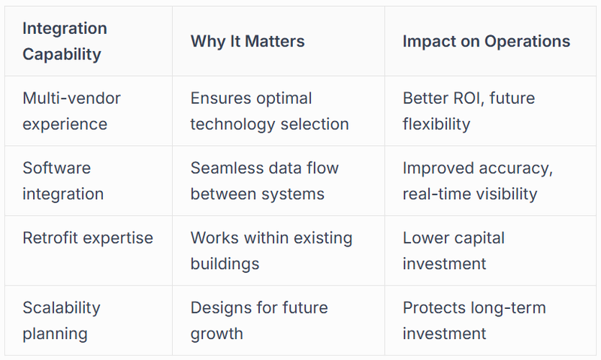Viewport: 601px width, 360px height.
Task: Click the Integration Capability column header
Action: coord(65,41)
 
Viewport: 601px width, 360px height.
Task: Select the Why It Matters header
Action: coord(248,41)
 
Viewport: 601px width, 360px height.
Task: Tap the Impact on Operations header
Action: coord(486,41)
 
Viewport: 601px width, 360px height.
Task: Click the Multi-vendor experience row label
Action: coord(71,111)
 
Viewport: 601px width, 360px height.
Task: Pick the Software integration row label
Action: coord(63,181)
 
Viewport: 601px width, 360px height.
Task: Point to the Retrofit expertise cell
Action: coord(88,238)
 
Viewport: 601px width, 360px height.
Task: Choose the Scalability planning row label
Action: coord(62,320)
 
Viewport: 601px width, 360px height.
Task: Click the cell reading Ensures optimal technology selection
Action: coord(270,111)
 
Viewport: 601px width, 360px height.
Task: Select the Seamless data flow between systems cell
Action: coord(265,181)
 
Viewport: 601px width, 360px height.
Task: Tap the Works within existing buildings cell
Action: coord(271,251)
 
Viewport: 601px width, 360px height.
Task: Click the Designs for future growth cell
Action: coord(259,320)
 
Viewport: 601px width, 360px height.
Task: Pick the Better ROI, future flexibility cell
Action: coord(469,111)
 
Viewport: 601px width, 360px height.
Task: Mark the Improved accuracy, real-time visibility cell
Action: coord(478,181)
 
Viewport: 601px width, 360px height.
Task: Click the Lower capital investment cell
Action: coord(454,251)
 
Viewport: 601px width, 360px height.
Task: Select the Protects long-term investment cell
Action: coord(475,320)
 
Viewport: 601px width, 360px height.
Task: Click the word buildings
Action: coord(225,264)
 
